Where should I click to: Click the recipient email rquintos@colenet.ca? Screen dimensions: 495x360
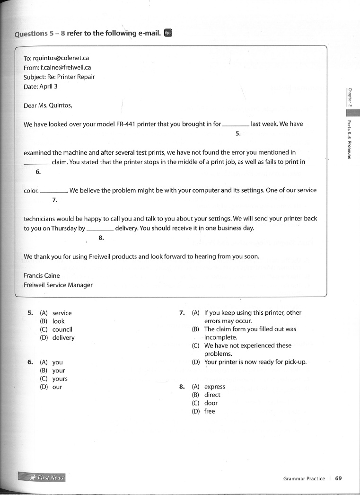61,58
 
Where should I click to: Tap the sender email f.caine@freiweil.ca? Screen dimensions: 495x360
62,67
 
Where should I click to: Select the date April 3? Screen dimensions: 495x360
48,87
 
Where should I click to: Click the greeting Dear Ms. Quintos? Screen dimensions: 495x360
48,106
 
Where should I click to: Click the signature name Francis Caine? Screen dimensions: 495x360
42,275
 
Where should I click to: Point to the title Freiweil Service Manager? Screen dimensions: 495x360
58,285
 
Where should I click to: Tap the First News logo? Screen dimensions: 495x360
42,477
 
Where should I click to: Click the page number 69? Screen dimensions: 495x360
338,478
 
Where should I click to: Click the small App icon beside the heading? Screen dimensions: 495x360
168,33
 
